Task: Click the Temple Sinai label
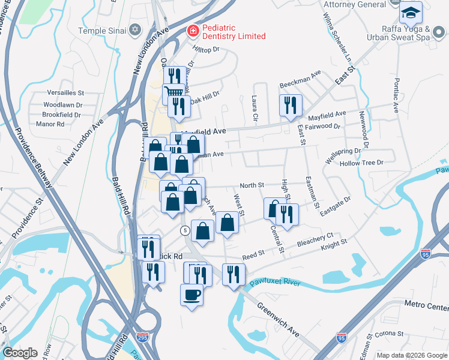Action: (103, 30)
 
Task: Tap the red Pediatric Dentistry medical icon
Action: (192, 30)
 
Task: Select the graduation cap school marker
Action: (411, 13)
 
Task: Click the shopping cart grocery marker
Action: (173, 93)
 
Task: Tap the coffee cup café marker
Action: (191, 295)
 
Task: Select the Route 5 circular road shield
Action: (186, 230)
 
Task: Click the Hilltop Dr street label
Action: (206, 50)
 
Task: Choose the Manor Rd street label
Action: (50, 124)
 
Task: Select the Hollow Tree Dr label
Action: (361, 163)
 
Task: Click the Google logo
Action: (20, 353)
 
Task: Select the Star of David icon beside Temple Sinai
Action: (135, 30)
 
